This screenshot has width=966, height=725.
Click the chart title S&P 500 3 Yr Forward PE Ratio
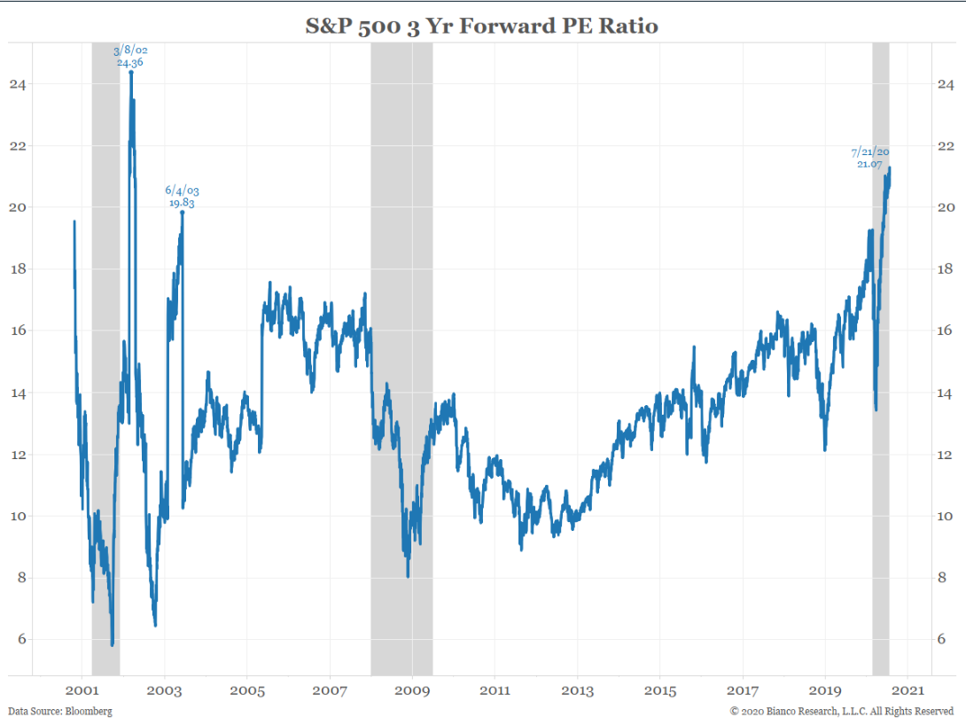tap(482, 26)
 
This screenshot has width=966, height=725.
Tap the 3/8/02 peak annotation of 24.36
tap(131, 56)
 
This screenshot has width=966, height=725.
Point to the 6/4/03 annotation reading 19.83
tap(182, 196)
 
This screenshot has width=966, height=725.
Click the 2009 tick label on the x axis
tap(412, 690)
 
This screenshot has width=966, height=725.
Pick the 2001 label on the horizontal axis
tap(82, 690)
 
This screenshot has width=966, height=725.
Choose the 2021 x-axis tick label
tap(908, 690)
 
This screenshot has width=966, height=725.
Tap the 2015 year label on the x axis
tap(660, 690)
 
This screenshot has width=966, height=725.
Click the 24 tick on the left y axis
tap(18, 84)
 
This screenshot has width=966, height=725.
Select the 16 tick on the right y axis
tap(946, 331)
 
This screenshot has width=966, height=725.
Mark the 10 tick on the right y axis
tap(946, 516)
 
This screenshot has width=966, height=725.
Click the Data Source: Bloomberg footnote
tap(60, 711)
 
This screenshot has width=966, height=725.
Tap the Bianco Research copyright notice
tap(842, 711)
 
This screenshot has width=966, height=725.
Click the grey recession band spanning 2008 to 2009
tap(401, 355)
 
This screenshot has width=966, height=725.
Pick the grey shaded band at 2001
tap(105, 355)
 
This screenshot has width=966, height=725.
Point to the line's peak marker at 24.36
tap(131, 72)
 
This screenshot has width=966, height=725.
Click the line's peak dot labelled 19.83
tap(182, 212)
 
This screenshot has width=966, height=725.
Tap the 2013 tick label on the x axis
tap(577, 690)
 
